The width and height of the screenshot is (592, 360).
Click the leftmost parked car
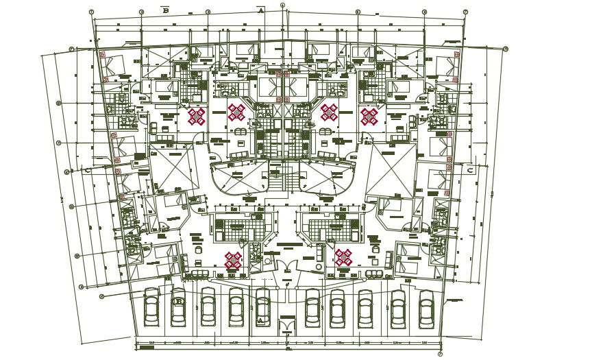pos(151,306)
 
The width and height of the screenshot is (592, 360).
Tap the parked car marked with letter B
pos(178,306)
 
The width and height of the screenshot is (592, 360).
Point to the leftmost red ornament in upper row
pos(197,117)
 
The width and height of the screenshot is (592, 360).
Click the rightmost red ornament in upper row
pos(370,117)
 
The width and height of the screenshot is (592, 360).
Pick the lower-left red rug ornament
pos(233,260)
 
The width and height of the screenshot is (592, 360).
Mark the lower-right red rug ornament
pos(343,258)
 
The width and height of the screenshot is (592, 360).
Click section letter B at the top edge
pos(164,11)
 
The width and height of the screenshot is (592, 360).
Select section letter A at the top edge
pos(260,11)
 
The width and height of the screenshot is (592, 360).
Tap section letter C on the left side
pos(88,171)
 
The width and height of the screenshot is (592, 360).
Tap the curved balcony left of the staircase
pos(233,178)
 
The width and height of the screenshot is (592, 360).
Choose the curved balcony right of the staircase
pos(332,178)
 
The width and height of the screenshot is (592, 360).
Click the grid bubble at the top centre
pos(282,5)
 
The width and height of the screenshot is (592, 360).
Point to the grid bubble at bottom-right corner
pos(439,354)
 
